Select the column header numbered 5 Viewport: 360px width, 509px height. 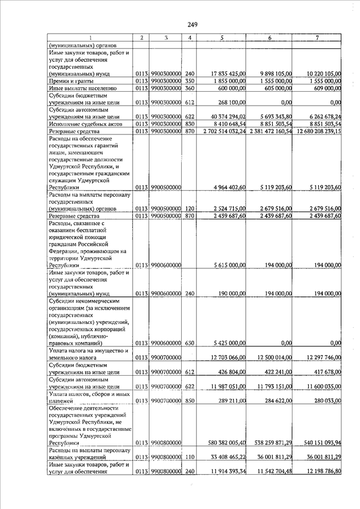222,38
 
